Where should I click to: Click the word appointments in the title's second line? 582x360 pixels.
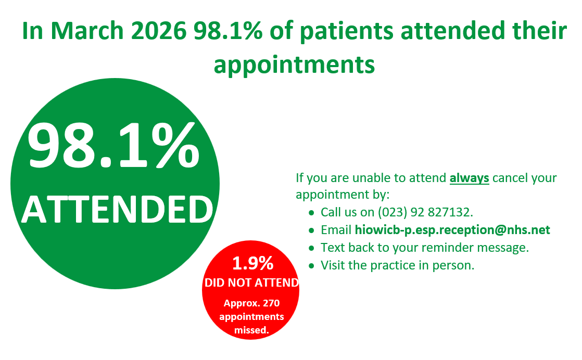pyautogui.click(x=294, y=65)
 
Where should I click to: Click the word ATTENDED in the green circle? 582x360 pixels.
pyautogui.click(x=117, y=209)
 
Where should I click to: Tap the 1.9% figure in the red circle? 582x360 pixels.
pyautogui.click(x=252, y=263)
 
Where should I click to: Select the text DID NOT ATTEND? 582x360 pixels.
pyautogui.click(x=251, y=282)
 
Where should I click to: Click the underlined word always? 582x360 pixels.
pyautogui.click(x=469, y=178)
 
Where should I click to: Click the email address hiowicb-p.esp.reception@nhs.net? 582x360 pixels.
pyautogui.click(x=452, y=230)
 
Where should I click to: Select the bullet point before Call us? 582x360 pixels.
pyautogui.click(x=311, y=213)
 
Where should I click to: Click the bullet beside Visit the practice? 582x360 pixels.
pyautogui.click(x=311, y=266)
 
